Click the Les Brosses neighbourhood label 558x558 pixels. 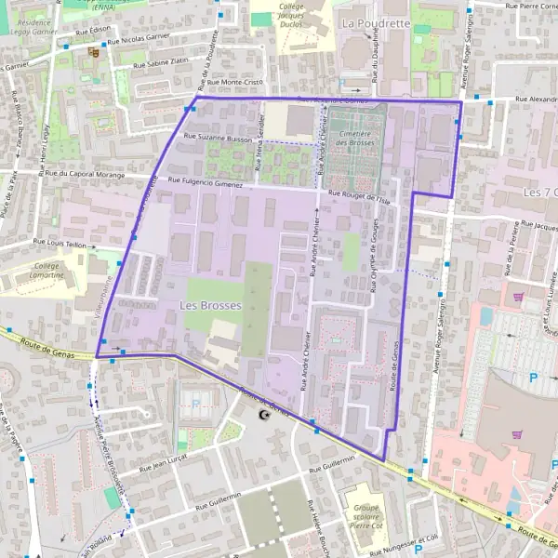click(210, 305)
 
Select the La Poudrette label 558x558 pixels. click(376, 21)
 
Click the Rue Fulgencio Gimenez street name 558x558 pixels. click(206, 183)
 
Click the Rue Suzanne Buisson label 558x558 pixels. click(219, 139)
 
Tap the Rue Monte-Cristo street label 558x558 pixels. click(236, 83)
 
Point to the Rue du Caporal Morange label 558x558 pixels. click(85, 173)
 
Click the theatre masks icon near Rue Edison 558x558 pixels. click(93, 52)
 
